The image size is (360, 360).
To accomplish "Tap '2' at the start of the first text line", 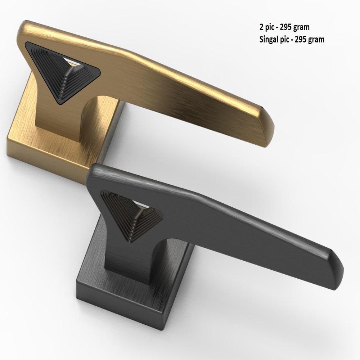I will [261, 27].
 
